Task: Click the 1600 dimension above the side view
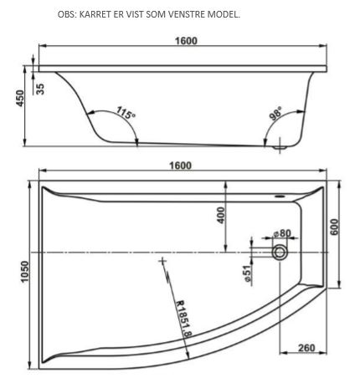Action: (x=186, y=41)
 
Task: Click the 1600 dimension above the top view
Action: (x=181, y=166)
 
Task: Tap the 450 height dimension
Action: (x=20, y=98)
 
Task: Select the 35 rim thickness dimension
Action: (x=40, y=89)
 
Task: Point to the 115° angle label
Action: (x=126, y=113)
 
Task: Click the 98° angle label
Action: (x=276, y=113)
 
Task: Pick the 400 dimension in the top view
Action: (x=221, y=215)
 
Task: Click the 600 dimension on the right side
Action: (x=335, y=227)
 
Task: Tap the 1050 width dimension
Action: (x=25, y=272)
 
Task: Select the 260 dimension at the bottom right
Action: (x=306, y=348)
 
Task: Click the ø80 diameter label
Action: (x=282, y=233)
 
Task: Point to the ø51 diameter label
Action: (x=248, y=273)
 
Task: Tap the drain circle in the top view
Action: (x=280, y=253)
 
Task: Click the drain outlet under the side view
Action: (x=280, y=147)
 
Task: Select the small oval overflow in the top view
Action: (x=280, y=197)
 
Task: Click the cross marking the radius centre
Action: (x=162, y=261)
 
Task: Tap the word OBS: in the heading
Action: (x=67, y=14)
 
